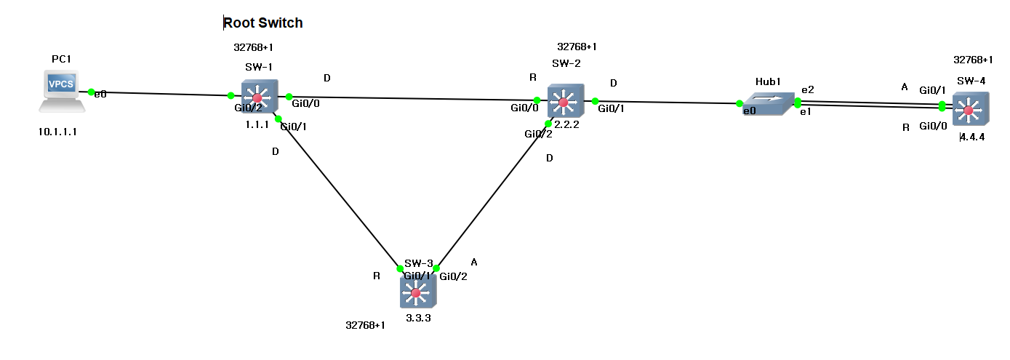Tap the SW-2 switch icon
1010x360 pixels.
tap(564, 102)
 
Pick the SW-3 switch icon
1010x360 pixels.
tap(417, 293)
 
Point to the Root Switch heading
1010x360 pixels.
tap(262, 23)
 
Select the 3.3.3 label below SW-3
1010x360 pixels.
tap(419, 317)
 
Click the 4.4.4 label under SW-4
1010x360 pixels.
tap(972, 137)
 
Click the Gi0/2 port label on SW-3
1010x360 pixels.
tap(453, 276)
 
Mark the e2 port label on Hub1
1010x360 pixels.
tap(807, 89)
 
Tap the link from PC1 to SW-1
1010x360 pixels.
tap(160, 94)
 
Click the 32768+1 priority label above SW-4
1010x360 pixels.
tap(973, 60)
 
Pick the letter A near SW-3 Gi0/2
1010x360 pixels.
tap(474, 261)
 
